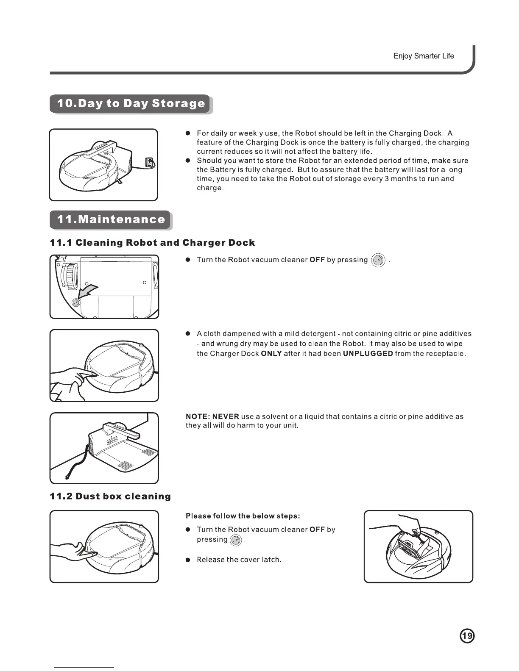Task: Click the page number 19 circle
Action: point(467,636)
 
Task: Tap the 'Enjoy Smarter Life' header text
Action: point(423,56)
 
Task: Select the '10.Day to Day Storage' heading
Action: point(131,104)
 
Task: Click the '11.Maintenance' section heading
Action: point(111,219)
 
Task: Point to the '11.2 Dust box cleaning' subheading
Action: point(110,496)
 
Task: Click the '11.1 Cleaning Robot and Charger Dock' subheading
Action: point(152,243)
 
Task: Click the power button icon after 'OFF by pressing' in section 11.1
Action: point(378,260)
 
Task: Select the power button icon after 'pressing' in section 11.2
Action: point(235,540)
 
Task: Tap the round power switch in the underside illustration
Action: point(77,302)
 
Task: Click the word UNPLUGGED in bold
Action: point(368,353)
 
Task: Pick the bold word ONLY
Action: point(271,353)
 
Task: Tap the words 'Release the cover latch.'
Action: point(239,560)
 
